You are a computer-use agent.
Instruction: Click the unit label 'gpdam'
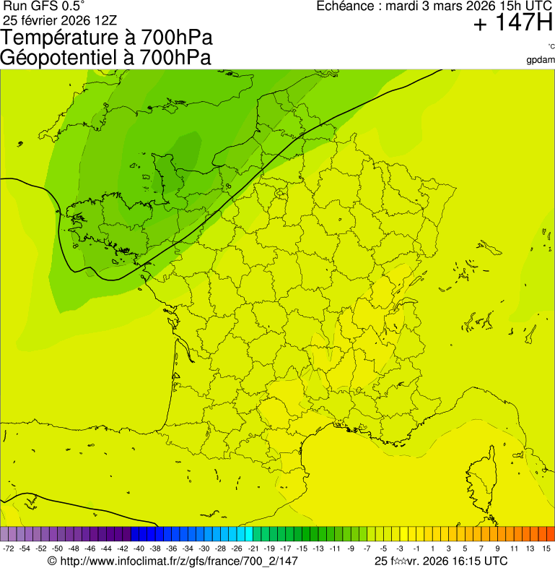pos(541,60)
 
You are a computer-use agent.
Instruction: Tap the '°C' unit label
pos(551,47)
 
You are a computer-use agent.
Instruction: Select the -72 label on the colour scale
pos(9,549)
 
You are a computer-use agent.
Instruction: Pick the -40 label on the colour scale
pos(139,549)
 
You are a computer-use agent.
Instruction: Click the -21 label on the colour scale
pos(253,549)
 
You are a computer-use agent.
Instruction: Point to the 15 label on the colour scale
pos(547,549)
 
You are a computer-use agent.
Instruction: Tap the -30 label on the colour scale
pos(204,549)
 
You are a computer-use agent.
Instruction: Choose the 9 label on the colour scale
pos(498,549)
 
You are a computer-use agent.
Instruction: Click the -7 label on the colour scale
pos(367,549)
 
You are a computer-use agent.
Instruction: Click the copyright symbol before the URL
pos(52,561)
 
